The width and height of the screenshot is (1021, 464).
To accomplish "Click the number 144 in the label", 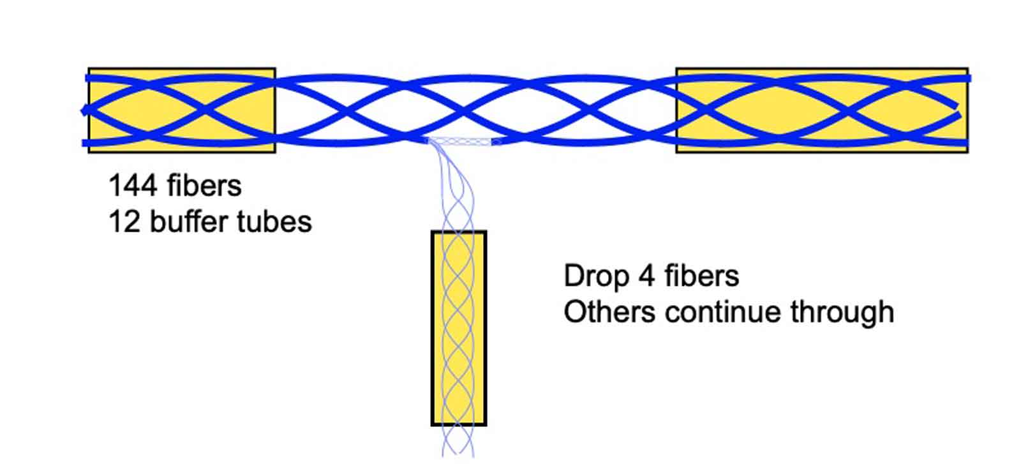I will point(132,186).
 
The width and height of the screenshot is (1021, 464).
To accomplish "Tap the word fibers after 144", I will point(204,186).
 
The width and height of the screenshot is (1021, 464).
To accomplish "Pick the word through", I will point(842,313).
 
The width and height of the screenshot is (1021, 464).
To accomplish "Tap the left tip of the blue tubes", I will point(83,110).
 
